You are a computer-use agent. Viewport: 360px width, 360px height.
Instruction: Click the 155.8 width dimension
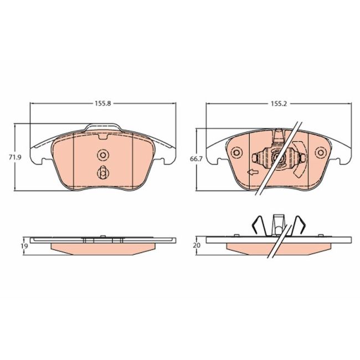tap(103, 104)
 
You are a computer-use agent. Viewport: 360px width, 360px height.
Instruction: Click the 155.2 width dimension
tap(279, 104)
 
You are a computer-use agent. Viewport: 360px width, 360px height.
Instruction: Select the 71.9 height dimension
tap(15, 157)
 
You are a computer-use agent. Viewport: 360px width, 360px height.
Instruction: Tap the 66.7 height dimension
tap(196, 159)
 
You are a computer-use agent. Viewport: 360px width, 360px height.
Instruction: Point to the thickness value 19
tap(24, 246)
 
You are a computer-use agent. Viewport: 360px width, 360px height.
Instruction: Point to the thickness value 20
tap(197, 245)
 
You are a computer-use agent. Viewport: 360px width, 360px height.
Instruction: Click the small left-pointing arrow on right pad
tap(253, 172)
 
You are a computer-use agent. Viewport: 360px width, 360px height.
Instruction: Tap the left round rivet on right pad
tap(236, 152)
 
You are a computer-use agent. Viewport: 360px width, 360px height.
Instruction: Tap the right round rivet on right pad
tap(321, 152)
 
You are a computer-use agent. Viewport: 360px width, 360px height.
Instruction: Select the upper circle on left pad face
tap(103, 155)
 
